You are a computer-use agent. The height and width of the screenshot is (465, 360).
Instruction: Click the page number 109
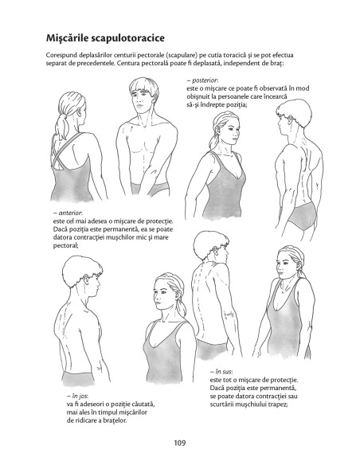click(x=180, y=443)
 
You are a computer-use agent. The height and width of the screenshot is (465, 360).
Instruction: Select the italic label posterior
click(x=205, y=80)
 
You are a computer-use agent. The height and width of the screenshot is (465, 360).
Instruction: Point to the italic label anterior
click(x=70, y=213)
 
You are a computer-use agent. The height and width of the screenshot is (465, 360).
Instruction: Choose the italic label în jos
click(x=80, y=396)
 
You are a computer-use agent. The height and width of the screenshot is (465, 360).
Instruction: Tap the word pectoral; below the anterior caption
click(x=65, y=245)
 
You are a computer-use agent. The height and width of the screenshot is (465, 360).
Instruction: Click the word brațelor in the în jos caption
click(x=115, y=420)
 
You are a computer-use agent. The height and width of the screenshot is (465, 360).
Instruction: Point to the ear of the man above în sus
click(x=215, y=251)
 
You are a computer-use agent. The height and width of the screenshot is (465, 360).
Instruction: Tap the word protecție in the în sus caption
click(x=287, y=380)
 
